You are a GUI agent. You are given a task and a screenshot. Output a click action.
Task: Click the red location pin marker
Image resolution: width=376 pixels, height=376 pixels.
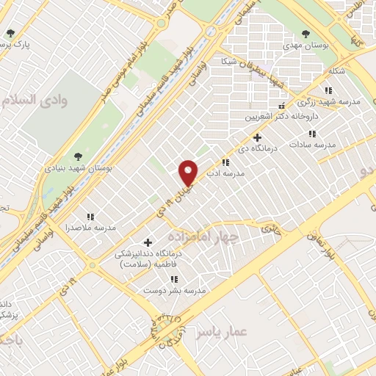pyautogui.click(x=189, y=173)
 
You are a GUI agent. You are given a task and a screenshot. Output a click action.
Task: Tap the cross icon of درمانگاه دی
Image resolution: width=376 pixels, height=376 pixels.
pyautogui.click(x=256, y=137)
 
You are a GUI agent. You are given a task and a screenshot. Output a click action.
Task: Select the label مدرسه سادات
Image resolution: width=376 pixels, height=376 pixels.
pyautogui.click(x=312, y=145)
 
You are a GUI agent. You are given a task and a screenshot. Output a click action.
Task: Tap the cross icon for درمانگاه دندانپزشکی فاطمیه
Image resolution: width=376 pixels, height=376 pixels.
pyautogui.click(x=148, y=242)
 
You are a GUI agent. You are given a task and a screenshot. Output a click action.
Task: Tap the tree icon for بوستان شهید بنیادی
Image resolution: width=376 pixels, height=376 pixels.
pyautogui.click(x=78, y=156)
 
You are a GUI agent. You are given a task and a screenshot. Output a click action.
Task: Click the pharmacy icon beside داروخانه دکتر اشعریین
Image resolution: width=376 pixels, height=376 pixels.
pyautogui.click(x=250, y=106)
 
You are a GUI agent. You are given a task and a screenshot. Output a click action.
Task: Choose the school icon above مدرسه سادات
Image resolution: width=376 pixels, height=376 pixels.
pyautogui.click(x=312, y=134)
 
